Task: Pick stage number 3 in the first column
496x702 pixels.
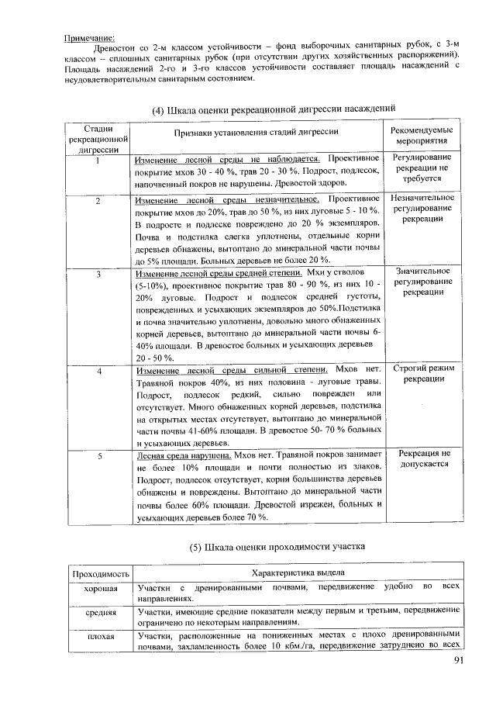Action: coord(98,275)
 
